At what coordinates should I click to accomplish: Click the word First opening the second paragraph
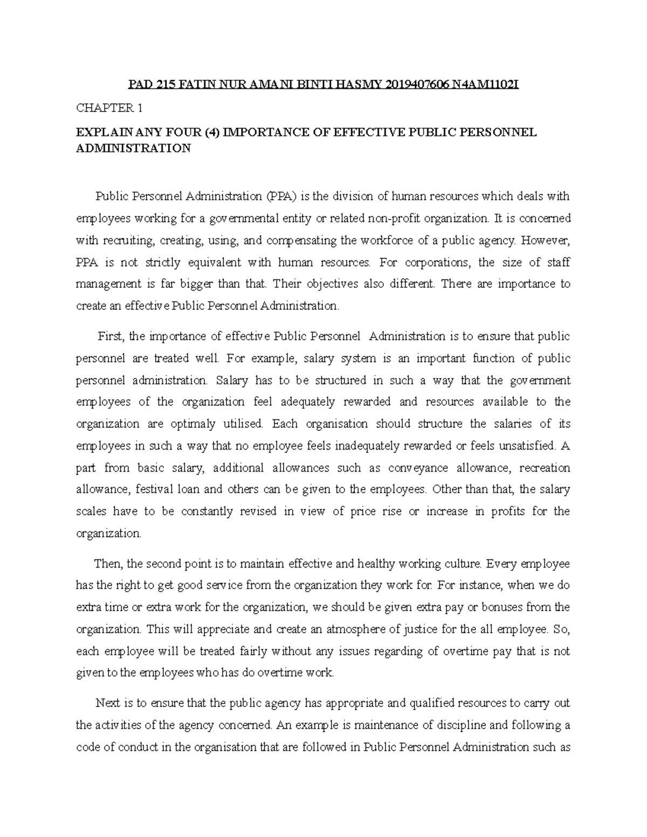(111, 337)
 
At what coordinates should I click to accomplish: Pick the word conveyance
(418, 467)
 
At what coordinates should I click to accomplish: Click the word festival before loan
(157, 489)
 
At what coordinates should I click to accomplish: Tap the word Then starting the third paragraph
(108, 564)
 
